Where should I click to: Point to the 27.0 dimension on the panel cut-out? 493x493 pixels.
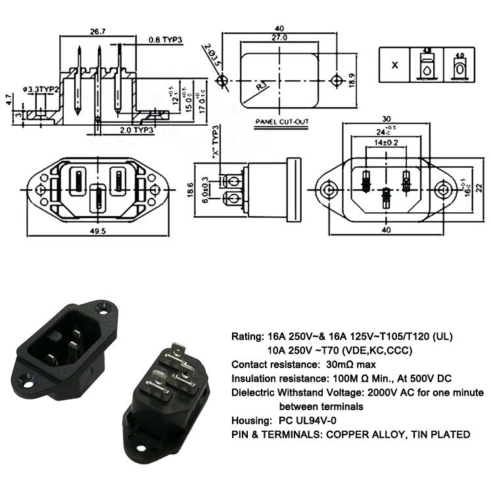(280, 38)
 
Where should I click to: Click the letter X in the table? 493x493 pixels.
(394, 66)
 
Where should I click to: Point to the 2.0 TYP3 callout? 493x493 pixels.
(137, 130)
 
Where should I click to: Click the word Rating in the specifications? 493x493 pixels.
(247, 337)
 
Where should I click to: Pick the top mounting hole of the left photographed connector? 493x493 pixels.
(103, 307)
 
